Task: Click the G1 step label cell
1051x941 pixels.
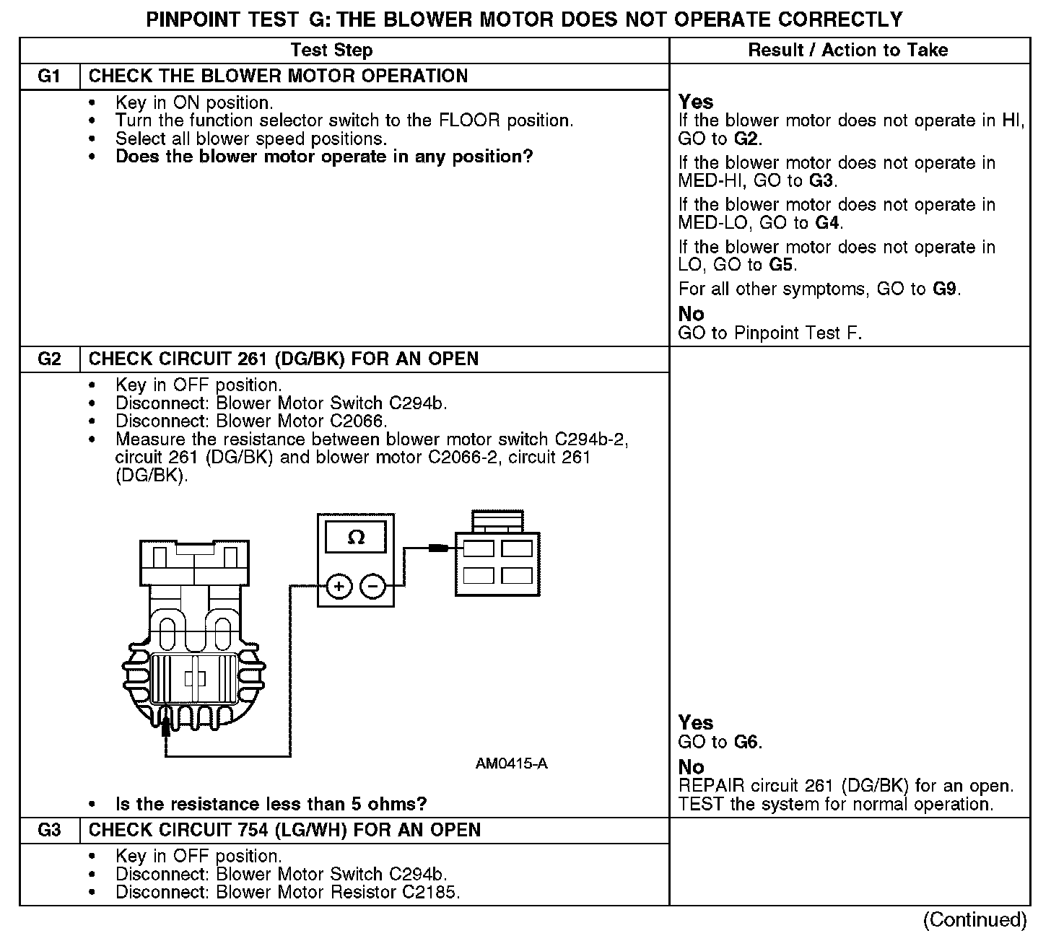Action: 49,76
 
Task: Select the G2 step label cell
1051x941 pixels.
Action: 49,359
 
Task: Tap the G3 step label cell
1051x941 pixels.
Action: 49,831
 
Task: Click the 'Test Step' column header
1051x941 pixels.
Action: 331,51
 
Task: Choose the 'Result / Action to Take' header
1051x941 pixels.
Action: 848,51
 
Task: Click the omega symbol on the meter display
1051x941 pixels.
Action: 356,538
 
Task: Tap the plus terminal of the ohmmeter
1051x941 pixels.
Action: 339,586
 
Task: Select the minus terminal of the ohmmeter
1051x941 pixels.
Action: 372,586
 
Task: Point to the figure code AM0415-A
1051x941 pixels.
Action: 511,763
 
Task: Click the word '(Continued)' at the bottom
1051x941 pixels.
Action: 974,920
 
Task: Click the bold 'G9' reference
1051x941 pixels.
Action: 945,290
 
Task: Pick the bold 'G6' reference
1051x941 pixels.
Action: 747,743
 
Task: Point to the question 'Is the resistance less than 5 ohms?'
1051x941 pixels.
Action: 271,805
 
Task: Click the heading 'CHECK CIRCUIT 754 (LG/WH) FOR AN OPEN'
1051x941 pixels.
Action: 284,831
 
